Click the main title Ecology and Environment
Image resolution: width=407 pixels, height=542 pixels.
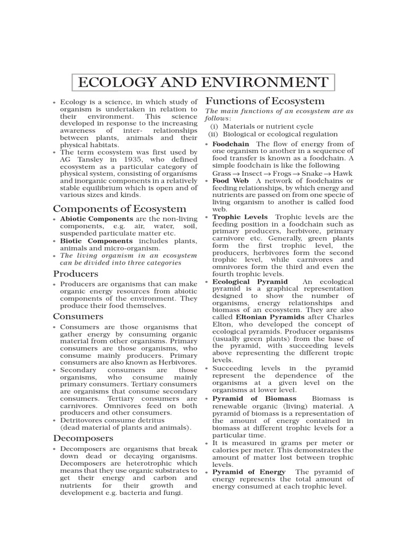coord(203,83)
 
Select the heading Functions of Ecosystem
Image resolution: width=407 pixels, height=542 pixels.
coord(265,101)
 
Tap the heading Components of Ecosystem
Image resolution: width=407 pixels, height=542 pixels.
coord(120,208)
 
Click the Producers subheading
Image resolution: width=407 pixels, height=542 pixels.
coord(76,274)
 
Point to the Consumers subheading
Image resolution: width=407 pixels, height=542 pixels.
coord(78,316)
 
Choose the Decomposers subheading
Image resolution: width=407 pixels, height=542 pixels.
coord(83,438)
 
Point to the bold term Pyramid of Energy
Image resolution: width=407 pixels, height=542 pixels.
coord(249,472)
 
